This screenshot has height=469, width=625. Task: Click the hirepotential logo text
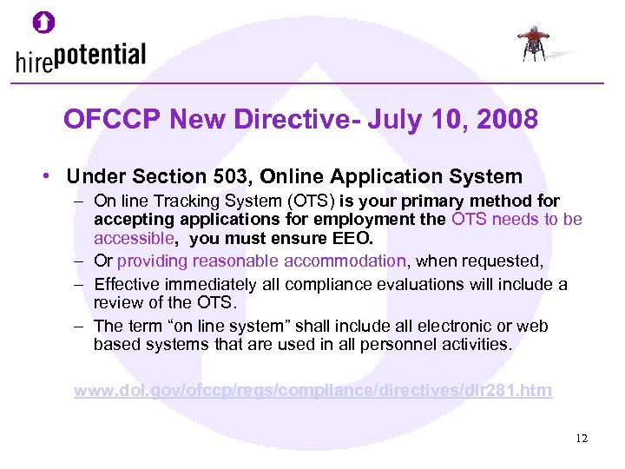pyautogui.click(x=81, y=58)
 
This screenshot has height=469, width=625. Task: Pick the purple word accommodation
pyautogui.click(x=348, y=261)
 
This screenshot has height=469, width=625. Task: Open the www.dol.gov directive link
pyautogui.click(x=312, y=390)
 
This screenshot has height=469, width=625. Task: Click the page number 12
pyautogui.click(x=581, y=439)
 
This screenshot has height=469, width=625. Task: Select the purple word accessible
pyautogui.click(x=135, y=237)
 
